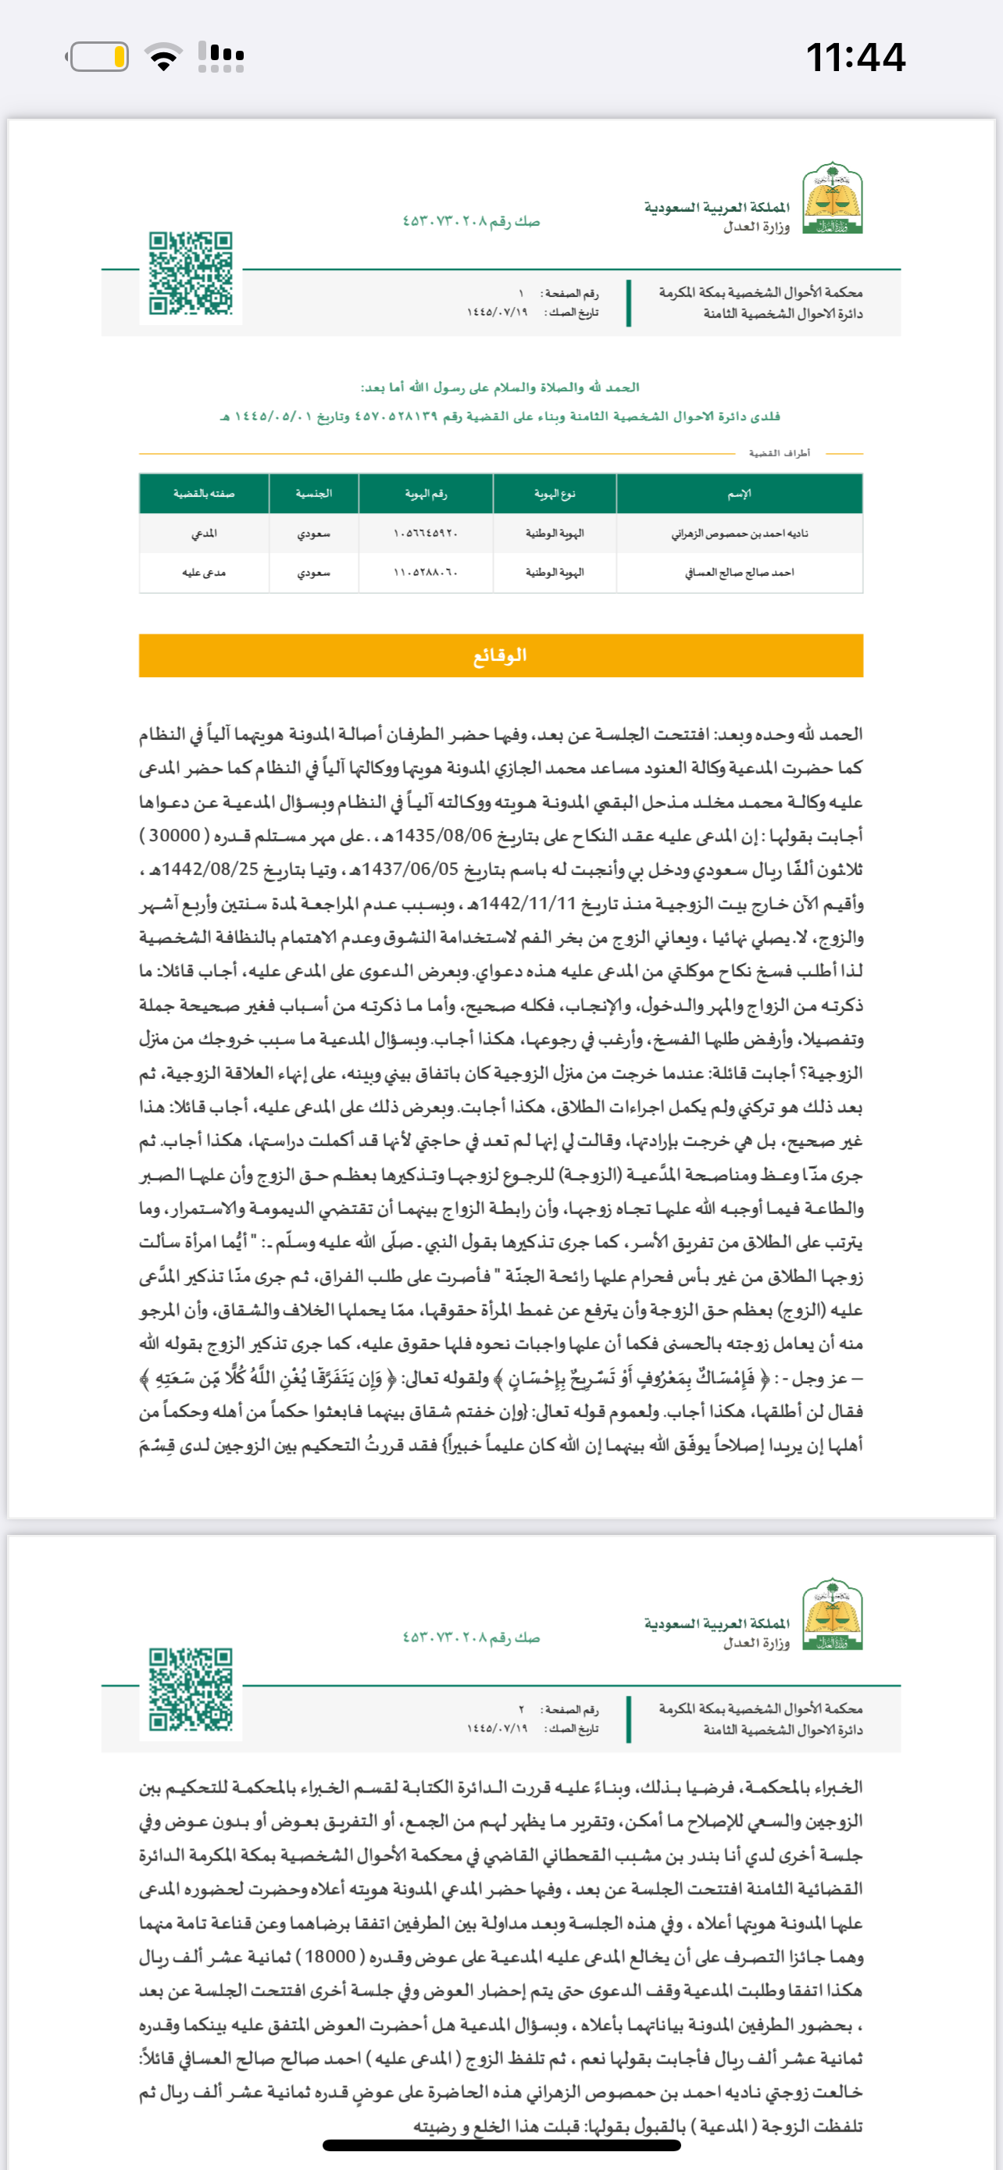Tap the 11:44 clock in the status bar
855,57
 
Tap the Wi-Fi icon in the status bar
163,56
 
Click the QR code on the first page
191,273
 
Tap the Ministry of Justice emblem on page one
832,199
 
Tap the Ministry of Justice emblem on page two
832,1615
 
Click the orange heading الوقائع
500,655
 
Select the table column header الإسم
740,494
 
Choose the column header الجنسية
313,494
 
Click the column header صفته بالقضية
204,494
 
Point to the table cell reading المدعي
204,534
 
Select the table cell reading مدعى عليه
204,573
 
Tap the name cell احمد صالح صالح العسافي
740,573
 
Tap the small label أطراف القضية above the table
779,453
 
